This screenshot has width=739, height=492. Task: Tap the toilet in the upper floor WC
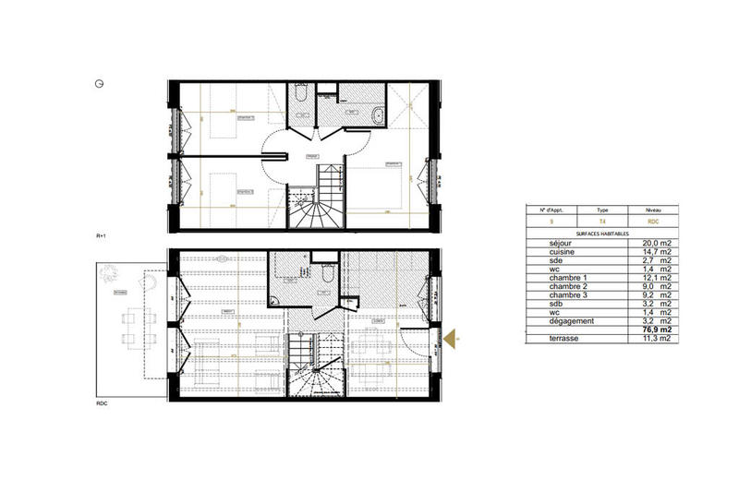point(302,96)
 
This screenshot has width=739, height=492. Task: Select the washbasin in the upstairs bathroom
point(353,108)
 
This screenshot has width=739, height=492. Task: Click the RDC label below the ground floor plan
point(102,403)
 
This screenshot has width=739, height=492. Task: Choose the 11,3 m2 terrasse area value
point(655,340)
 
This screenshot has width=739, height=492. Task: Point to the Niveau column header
point(653,210)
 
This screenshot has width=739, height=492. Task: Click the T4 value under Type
point(602,222)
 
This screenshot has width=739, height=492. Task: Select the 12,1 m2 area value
point(655,279)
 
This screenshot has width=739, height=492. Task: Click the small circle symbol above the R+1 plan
point(99,83)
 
